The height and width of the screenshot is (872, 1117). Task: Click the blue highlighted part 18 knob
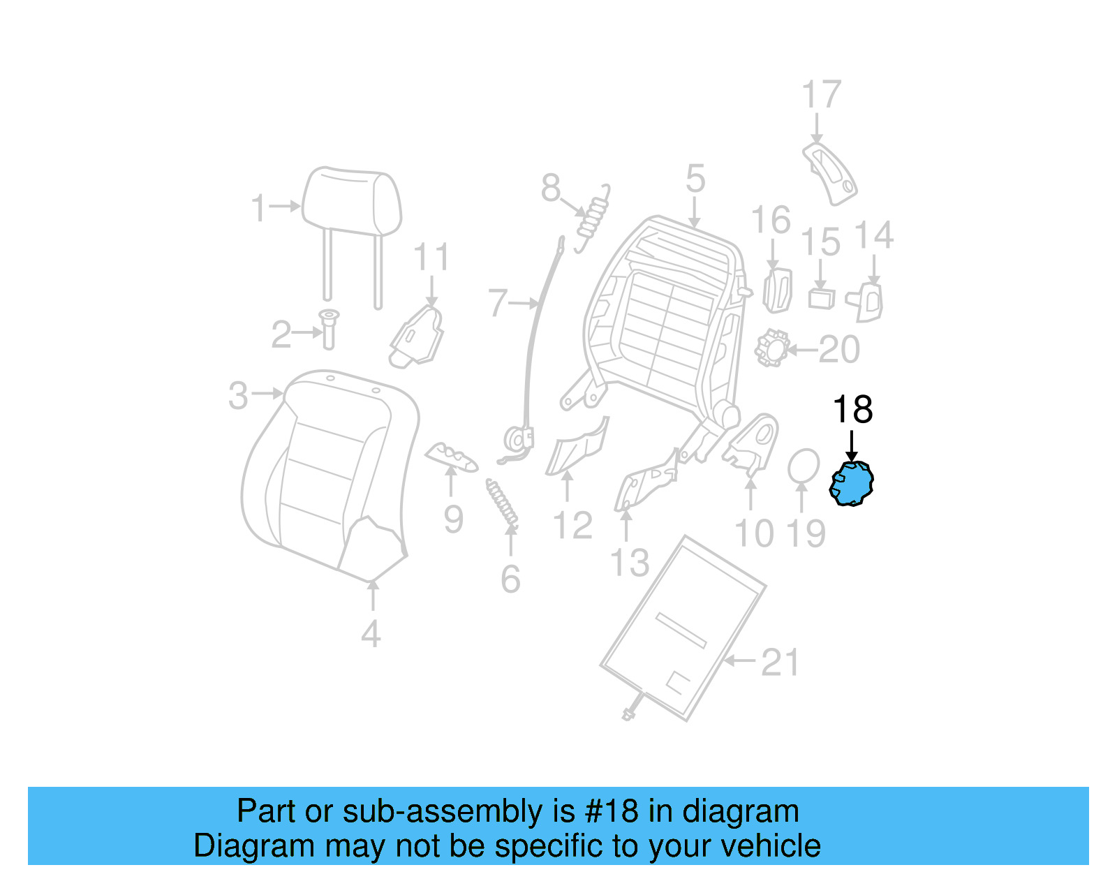(x=852, y=484)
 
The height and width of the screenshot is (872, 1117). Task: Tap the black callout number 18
(x=852, y=410)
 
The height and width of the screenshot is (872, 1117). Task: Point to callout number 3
(x=238, y=396)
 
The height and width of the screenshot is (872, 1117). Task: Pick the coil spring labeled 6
(x=502, y=503)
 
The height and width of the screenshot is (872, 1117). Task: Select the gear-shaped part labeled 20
(x=772, y=348)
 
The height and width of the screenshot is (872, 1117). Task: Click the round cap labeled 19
(x=803, y=466)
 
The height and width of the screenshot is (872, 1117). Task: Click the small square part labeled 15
(x=821, y=298)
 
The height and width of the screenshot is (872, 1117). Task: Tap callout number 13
(x=630, y=563)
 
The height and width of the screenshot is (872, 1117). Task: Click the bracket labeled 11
(x=418, y=338)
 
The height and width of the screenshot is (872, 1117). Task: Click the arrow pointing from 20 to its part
(x=801, y=350)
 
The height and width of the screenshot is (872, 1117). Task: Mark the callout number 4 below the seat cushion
(x=371, y=634)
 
